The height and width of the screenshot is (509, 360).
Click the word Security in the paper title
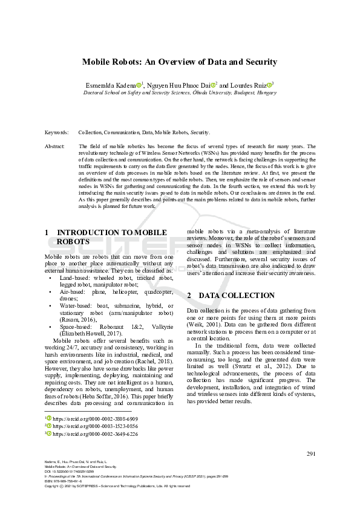point(260,62)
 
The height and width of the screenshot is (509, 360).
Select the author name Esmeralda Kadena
point(114,85)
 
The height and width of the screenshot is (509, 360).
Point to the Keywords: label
point(56,132)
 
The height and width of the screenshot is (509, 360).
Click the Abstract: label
point(55,146)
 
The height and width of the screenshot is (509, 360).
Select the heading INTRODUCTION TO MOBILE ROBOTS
point(106,236)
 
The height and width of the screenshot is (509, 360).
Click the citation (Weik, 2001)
point(203,324)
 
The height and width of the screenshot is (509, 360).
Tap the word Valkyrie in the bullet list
point(161,326)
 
